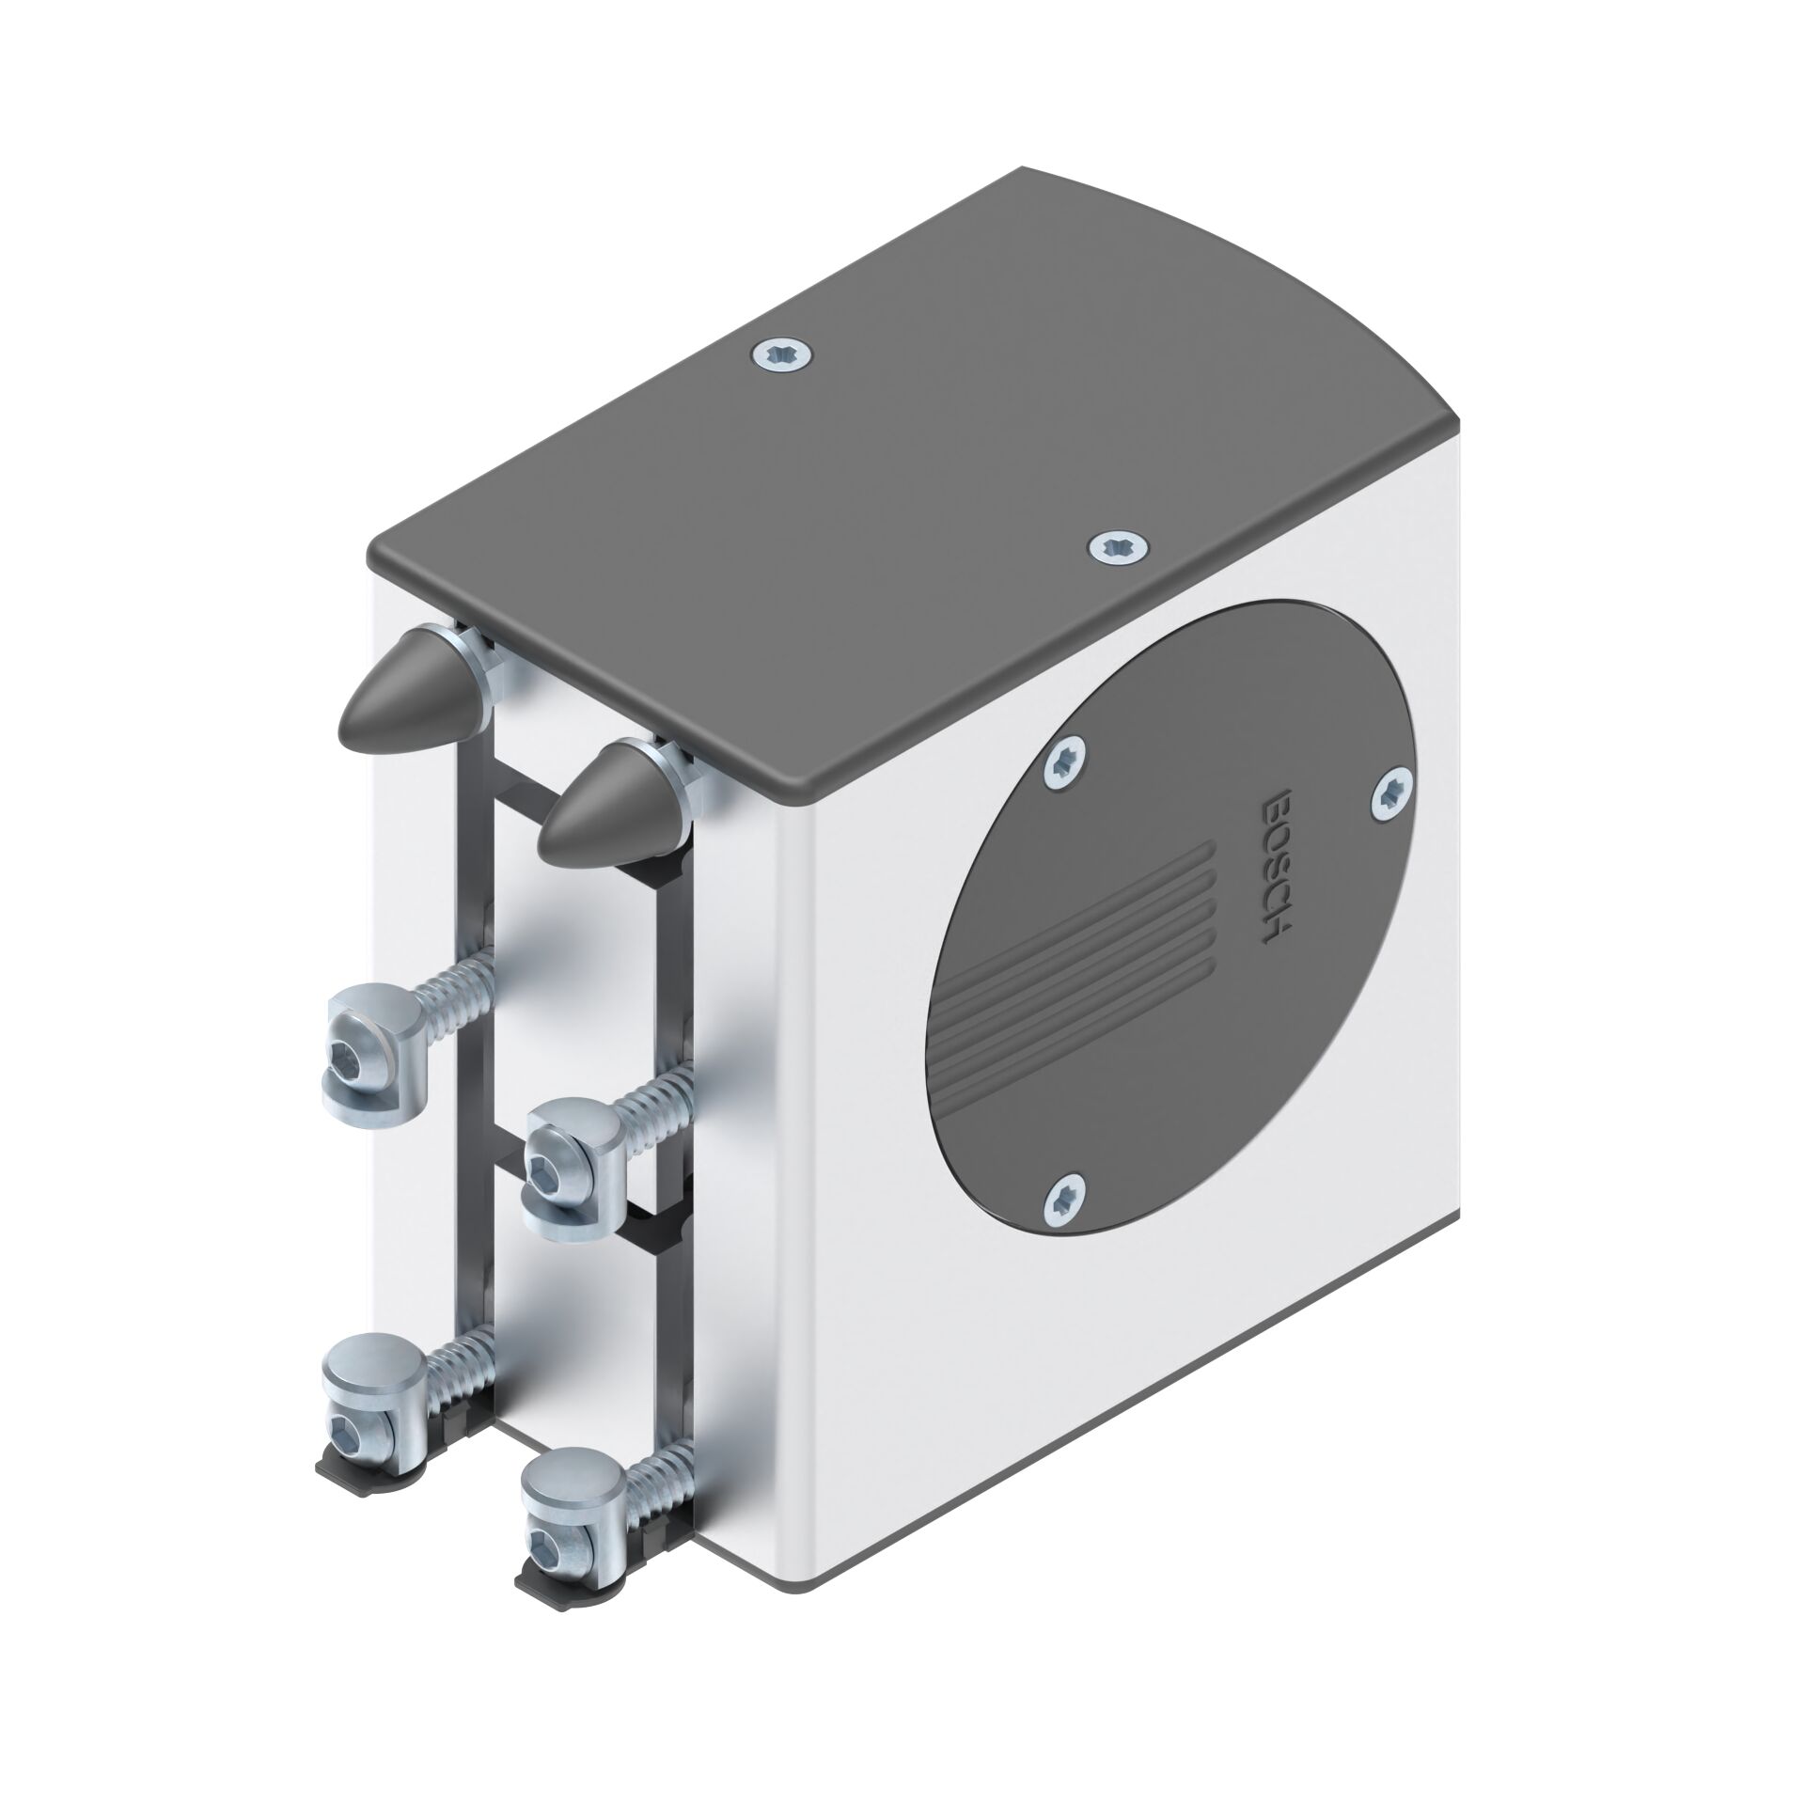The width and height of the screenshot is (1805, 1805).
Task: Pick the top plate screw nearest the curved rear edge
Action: click(x=782, y=356)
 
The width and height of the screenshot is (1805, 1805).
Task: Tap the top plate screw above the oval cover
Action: click(x=1120, y=546)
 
